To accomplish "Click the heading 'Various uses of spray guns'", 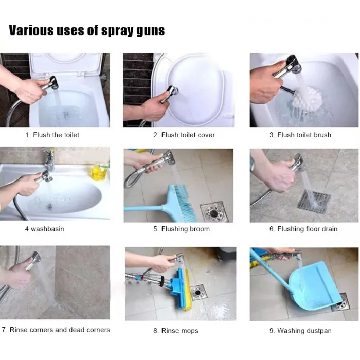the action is point(87,30).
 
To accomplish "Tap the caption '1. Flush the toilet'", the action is point(52,135).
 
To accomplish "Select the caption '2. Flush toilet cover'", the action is point(184,135).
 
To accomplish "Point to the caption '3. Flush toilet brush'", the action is point(300,135).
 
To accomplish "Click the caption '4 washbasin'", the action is point(45,229).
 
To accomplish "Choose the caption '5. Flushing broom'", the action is point(182,229).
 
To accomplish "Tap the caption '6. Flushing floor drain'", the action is point(303,229).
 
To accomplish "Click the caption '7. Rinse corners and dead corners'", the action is point(56,330).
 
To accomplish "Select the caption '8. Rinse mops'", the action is point(176,331).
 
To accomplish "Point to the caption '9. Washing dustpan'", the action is point(300,331).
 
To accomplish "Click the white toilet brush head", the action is point(308,99).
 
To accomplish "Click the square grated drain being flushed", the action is point(314,202).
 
